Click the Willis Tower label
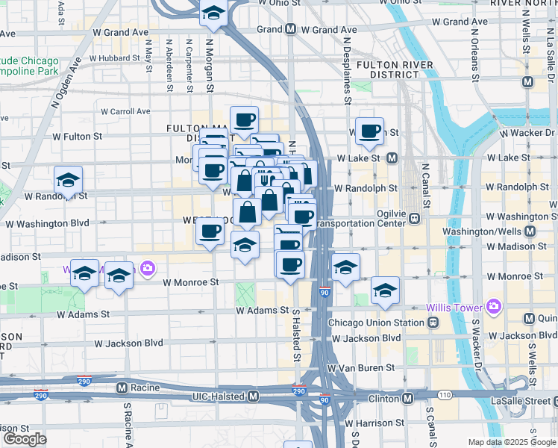454,307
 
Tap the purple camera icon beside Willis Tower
493,306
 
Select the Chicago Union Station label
376,323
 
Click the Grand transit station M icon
290,30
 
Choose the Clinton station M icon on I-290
407,399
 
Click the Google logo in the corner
24,439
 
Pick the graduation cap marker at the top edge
213,13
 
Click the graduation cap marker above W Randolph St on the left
68,180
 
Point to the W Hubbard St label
114,57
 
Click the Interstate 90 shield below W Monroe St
325,292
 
